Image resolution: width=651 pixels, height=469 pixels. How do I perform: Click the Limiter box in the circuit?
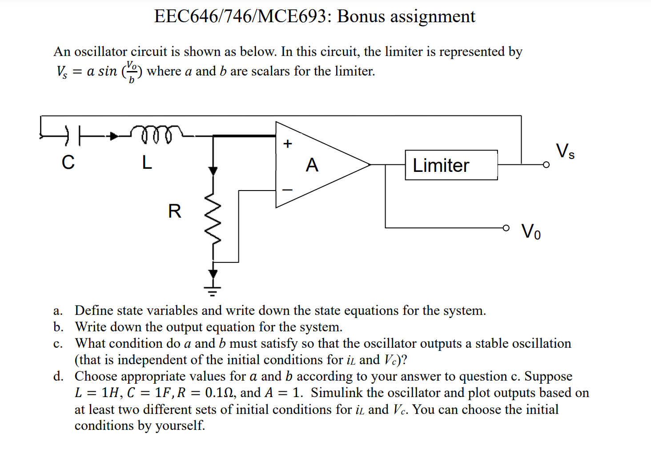pos(451,165)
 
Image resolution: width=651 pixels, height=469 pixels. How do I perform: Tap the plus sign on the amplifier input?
pos(288,143)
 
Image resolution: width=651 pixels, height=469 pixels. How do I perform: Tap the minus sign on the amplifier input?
pos(288,190)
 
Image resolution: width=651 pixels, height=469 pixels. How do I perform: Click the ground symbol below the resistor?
pos(213,291)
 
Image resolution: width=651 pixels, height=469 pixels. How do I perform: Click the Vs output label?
pos(565,151)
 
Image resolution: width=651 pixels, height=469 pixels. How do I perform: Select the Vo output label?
pos(531,231)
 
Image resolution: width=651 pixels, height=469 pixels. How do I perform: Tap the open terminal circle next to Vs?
pos(546,165)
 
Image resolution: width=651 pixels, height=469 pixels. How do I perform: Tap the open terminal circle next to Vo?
pos(506,228)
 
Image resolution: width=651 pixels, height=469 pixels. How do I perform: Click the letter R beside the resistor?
pos(175,211)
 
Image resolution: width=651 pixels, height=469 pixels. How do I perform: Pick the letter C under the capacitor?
pos(68,163)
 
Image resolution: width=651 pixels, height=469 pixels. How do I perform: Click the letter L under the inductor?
pos(147,163)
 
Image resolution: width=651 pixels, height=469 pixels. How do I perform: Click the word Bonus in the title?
pos(361,16)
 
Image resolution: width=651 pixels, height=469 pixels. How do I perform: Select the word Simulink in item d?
pos(337,393)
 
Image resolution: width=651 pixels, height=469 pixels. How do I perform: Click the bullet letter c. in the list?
pos(58,343)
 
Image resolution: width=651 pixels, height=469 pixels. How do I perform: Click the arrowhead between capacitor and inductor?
pos(115,135)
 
